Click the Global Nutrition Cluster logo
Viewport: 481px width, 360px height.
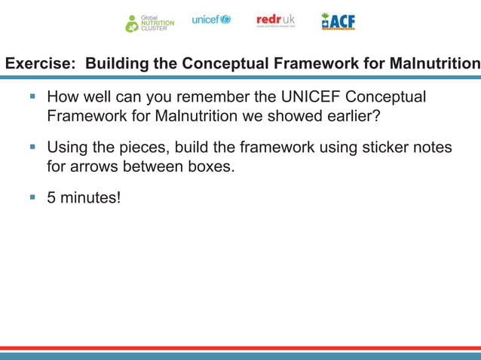[x=149, y=23]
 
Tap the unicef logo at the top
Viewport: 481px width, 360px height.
[x=211, y=20]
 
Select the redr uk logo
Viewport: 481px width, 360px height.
[x=275, y=20]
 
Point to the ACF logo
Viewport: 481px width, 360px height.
[x=338, y=21]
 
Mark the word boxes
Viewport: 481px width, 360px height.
[x=210, y=166]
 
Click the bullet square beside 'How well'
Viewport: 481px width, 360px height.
[x=32, y=97]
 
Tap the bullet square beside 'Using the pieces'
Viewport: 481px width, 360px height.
[x=32, y=147]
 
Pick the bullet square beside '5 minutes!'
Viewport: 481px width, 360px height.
[x=32, y=197]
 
